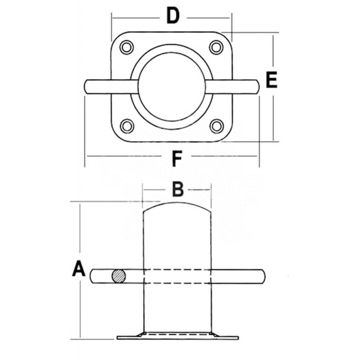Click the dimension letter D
(173, 16)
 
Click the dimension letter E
(272, 80)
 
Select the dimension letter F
(177, 158)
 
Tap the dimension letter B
(178, 189)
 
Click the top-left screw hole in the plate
(126, 47)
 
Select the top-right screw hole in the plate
(216, 47)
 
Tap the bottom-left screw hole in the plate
(127, 126)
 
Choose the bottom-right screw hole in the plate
(216, 126)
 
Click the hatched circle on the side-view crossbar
(119, 276)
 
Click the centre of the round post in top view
(172, 87)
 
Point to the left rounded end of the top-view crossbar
(86, 86)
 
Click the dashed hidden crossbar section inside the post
(177, 276)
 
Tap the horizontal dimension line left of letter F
(124, 156)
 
